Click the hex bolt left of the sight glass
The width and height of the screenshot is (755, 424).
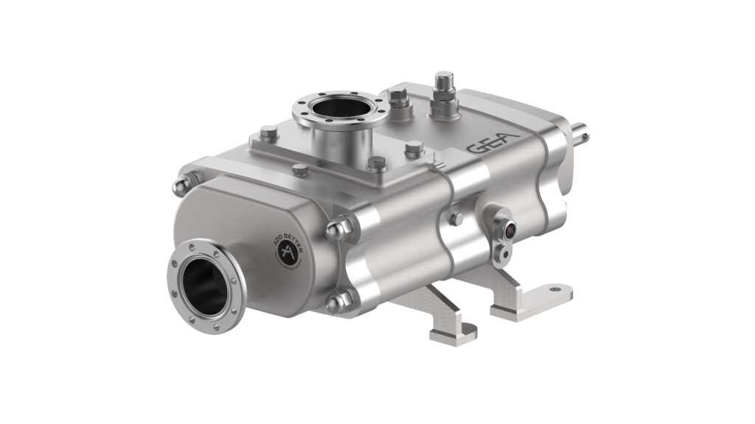pyautogui.click(x=456, y=219)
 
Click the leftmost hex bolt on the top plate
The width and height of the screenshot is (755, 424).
pyautogui.click(x=269, y=132)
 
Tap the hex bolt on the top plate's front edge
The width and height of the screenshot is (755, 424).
pyautogui.click(x=300, y=170)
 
